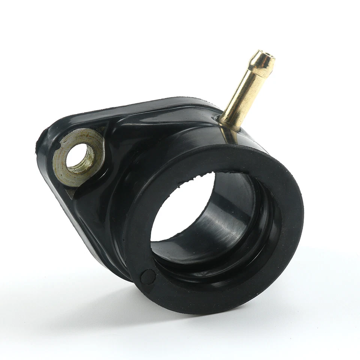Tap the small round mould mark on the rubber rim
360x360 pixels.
tap(147, 277)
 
